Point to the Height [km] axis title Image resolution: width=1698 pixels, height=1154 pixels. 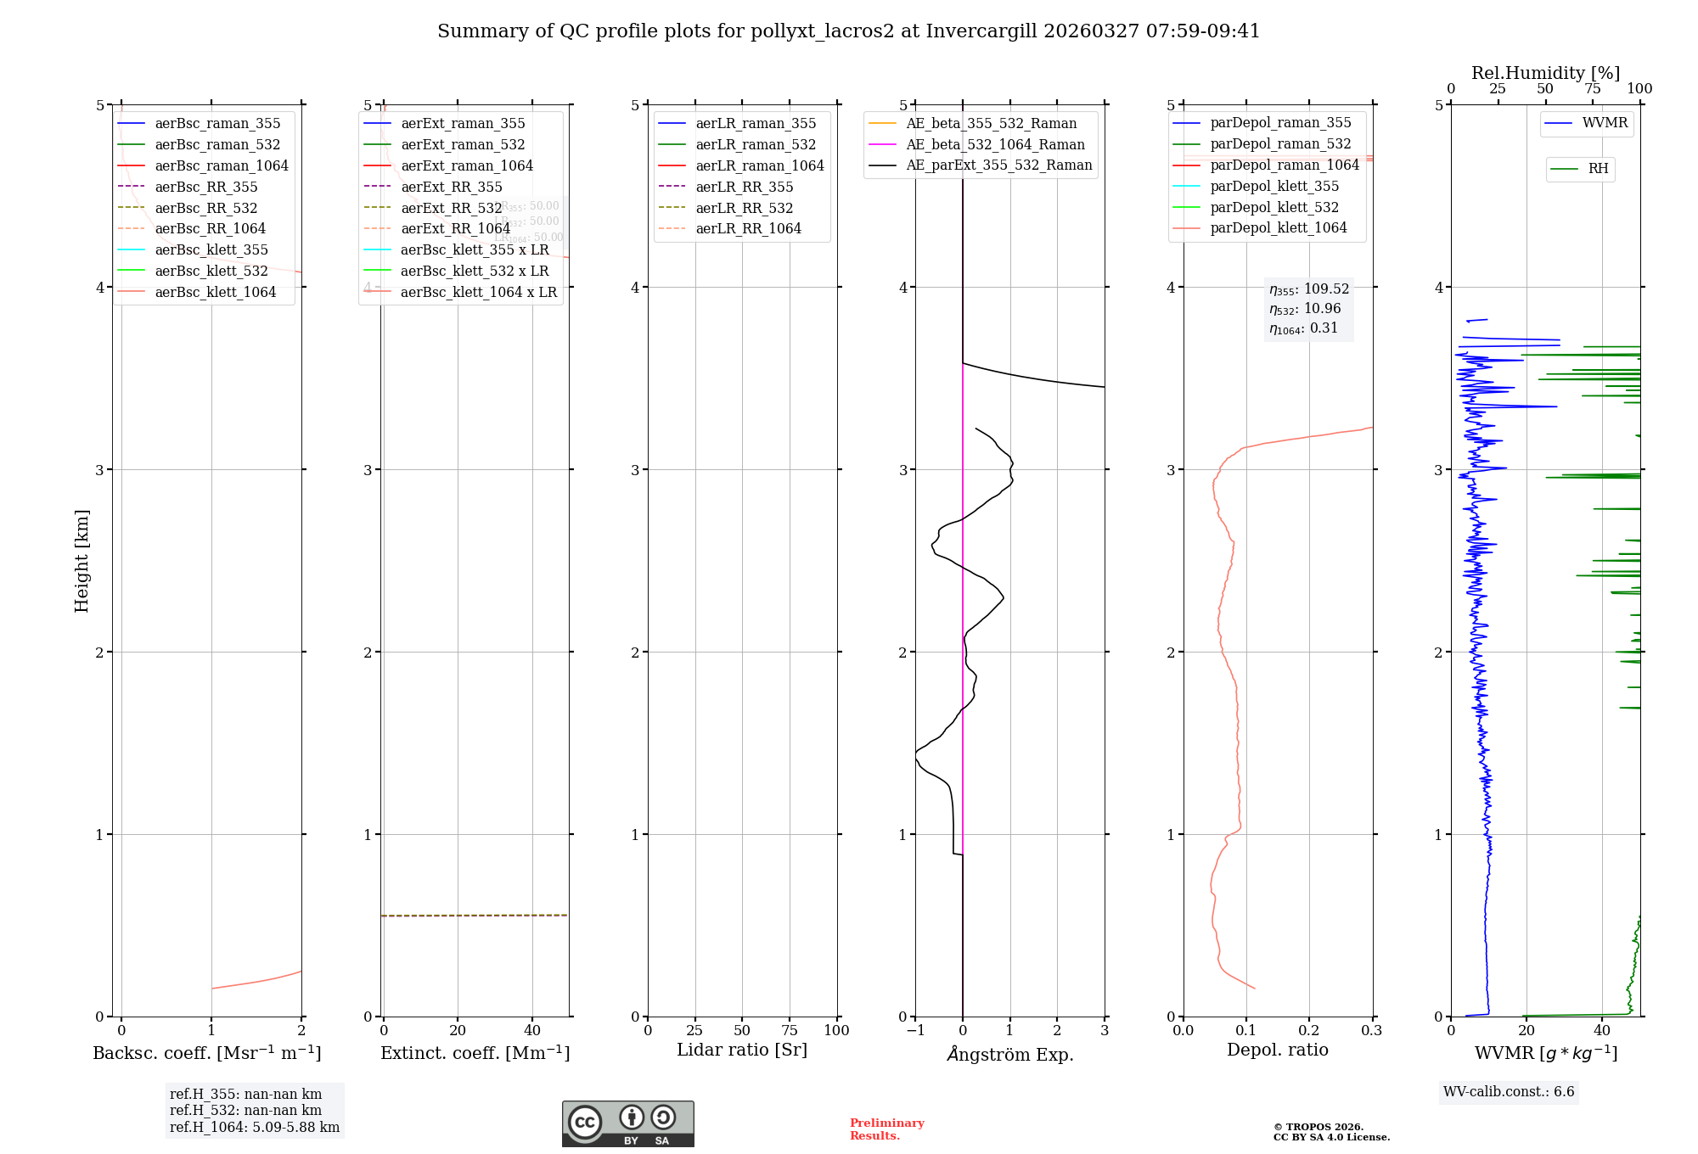pos(82,561)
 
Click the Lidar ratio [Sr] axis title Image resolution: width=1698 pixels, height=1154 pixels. pos(741,1050)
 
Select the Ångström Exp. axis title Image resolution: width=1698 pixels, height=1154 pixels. pos(1009,1054)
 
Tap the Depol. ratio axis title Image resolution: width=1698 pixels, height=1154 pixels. pos(1277,1050)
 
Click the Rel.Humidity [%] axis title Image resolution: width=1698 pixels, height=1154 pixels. pos(1545,73)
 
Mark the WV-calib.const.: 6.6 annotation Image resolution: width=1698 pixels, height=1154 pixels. pos(1509,1091)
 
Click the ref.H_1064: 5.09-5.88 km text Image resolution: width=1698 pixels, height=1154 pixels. pos(255,1127)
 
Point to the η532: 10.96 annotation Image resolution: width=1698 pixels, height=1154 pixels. pos(1305,309)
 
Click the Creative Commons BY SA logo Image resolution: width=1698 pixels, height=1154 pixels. pos(627,1123)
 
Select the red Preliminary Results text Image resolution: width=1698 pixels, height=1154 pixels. pos(886,1129)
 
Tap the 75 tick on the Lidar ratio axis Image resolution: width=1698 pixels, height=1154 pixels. pos(790,1030)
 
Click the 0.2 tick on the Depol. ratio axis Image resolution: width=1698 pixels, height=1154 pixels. pos(1309,1030)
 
